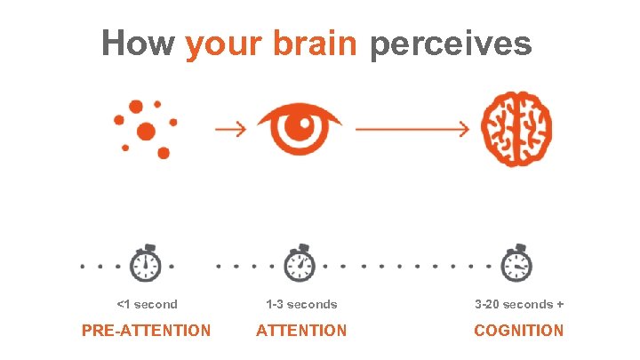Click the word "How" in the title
(x=137, y=43)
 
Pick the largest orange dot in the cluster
(x=147, y=133)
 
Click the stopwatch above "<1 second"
(x=146, y=263)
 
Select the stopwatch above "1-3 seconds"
(x=300, y=263)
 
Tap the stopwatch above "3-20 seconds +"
(x=517, y=263)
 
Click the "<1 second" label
(x=148, y=304)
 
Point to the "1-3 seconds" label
(x=301, y=304)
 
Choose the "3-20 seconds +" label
(x=519, y=304)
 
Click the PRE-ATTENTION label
(x=147, y=331)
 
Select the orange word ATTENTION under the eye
(x=301, y=331)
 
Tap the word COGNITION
(x=519, y=331)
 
